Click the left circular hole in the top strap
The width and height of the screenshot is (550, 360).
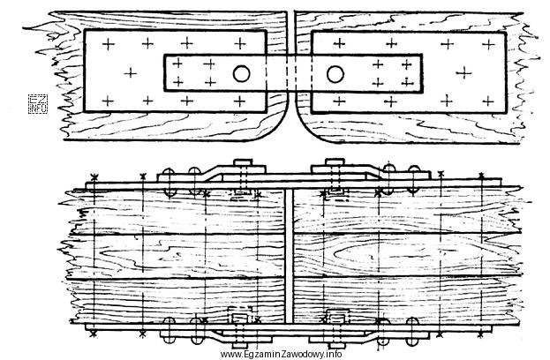241,74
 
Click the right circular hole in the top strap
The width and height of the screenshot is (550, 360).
335,74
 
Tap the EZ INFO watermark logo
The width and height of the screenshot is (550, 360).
38,104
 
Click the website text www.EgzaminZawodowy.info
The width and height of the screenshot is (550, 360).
281,354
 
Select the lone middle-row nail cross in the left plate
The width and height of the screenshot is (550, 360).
130,73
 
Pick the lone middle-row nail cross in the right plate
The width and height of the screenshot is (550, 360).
464,73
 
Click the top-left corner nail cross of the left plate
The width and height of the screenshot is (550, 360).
109,44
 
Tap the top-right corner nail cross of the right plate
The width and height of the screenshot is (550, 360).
488,44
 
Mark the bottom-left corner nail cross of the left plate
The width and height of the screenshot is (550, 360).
108,101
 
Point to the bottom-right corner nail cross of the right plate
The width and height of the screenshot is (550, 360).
488,101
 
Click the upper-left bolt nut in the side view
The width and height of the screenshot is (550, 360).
243,163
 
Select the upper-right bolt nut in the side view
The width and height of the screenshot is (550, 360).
335,162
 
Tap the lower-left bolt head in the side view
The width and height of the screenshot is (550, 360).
241,340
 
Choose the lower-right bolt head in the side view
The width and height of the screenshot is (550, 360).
335,340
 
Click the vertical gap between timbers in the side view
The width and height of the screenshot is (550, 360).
289,257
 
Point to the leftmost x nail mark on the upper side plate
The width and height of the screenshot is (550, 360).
94,176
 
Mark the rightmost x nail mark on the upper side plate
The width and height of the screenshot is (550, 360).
481,175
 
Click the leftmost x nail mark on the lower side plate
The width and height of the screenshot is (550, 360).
93,334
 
